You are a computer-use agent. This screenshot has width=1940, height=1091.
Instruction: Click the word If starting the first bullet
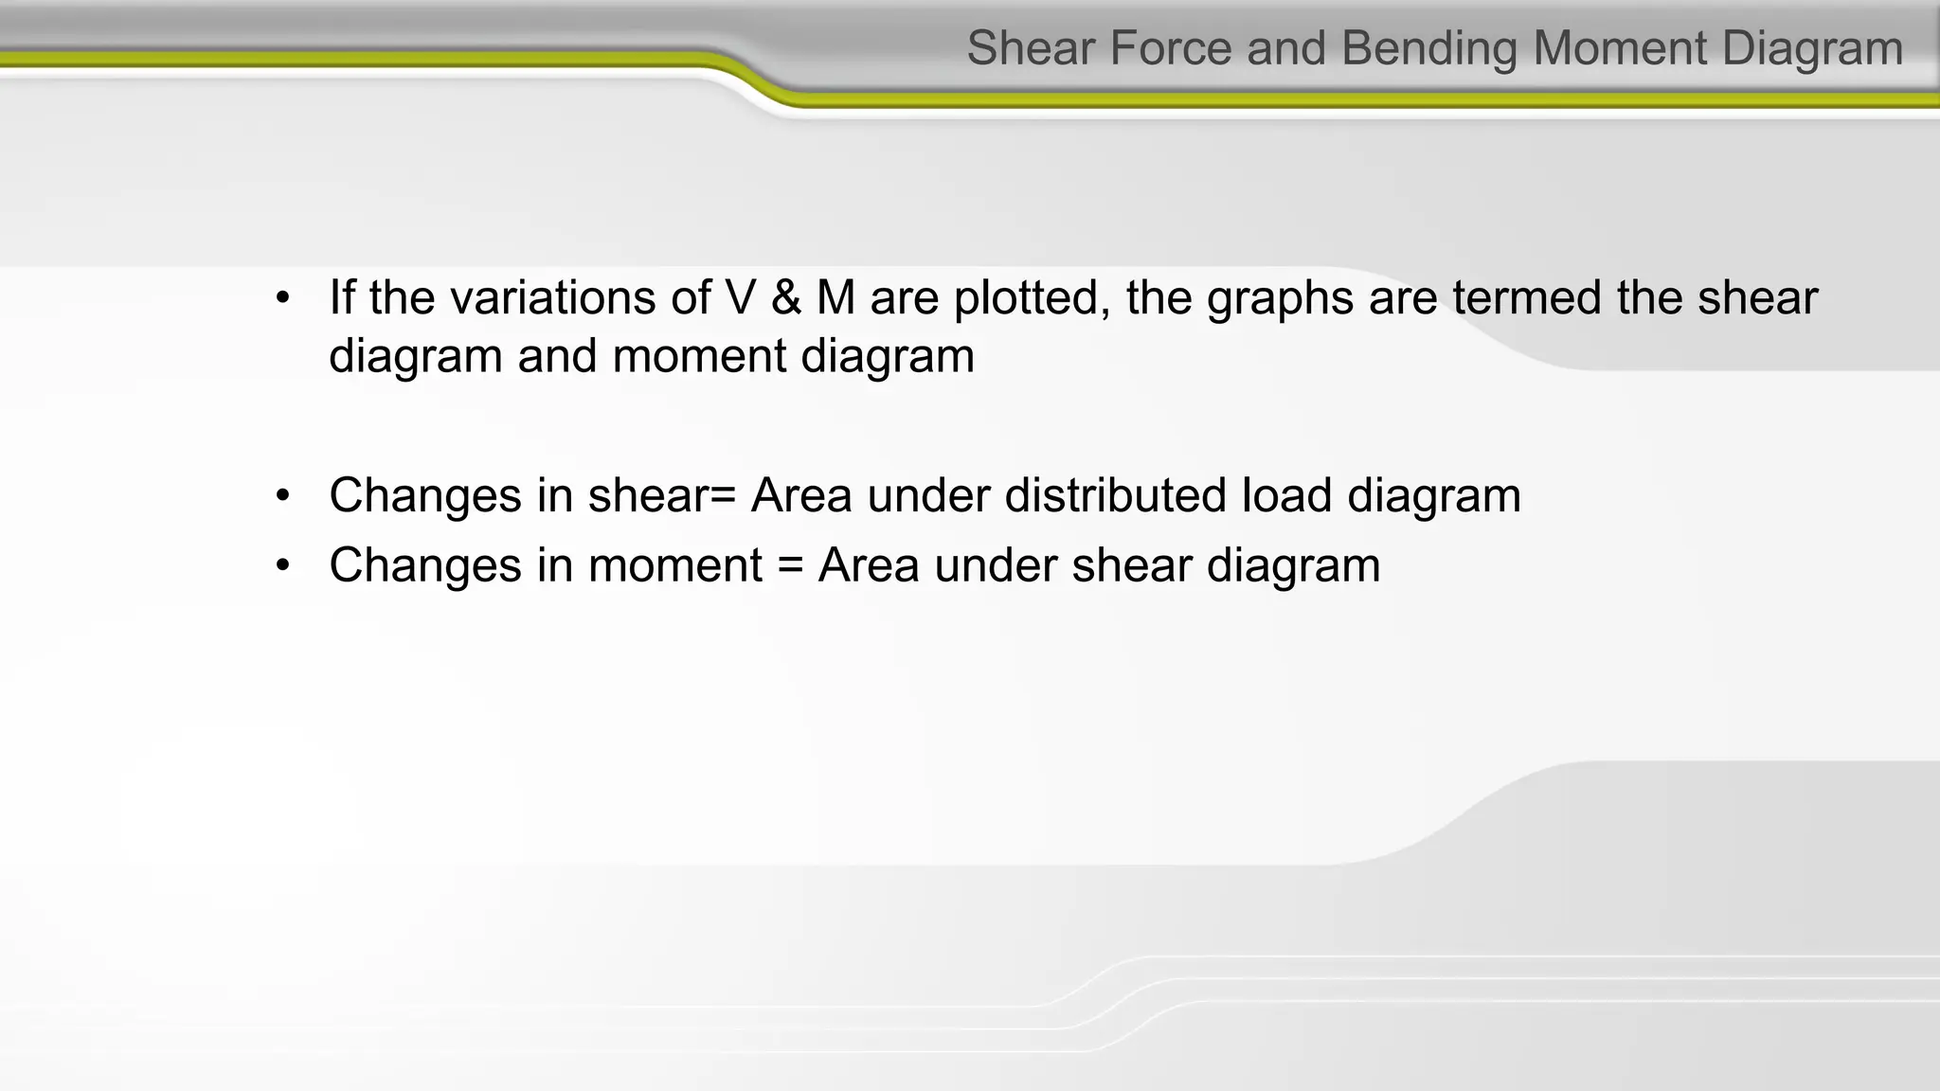coord(341,297)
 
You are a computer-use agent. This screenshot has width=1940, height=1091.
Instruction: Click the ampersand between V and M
coord(786,297)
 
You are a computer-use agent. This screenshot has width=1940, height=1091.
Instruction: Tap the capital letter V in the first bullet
coord(741,297)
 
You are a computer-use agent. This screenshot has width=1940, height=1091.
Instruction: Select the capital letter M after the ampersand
coord(835,297)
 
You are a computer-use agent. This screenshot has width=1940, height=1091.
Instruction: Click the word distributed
coord(1115,495)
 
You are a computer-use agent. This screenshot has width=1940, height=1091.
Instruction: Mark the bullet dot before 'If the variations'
coord(282,299)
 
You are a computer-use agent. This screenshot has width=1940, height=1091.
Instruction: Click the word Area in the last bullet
coord(869,565)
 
